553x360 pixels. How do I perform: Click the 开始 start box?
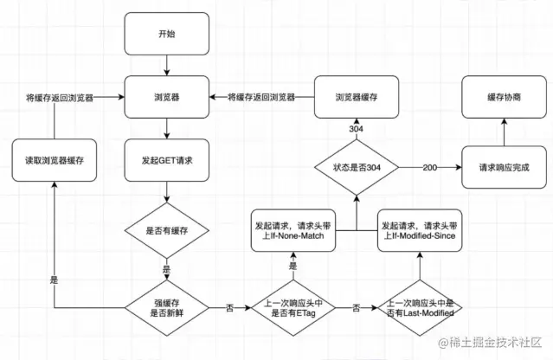coord(167,34)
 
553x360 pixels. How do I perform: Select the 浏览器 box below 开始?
coord(167,97)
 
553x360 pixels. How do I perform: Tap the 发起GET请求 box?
coord(167,160)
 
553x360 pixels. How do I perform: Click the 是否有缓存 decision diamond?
coord(167,230)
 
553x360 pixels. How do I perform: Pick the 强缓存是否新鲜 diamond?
coord(167,308)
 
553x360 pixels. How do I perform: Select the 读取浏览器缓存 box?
coord(55,160)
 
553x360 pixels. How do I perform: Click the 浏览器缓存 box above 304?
coord(357,97)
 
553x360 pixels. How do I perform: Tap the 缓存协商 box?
coord(504,97)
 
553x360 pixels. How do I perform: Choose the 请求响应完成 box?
coord(504,167)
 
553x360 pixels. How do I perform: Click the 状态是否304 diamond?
coord(357,167)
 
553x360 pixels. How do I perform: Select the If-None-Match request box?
coord(293,230)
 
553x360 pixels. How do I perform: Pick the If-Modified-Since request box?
coord(420,230)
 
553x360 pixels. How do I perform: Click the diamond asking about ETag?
coord(293,308)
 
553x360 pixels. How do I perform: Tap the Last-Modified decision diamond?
coord(420,308)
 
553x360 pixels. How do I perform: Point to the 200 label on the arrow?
coord(430,168)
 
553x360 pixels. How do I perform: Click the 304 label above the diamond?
coord(357,129)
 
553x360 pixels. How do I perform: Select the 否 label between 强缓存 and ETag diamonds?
coord(229,308)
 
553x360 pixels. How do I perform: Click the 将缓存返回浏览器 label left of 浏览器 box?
coord(60,98)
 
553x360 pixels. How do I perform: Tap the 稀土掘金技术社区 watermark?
coord(490,343)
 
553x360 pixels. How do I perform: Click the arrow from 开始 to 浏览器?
coord(167,65)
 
